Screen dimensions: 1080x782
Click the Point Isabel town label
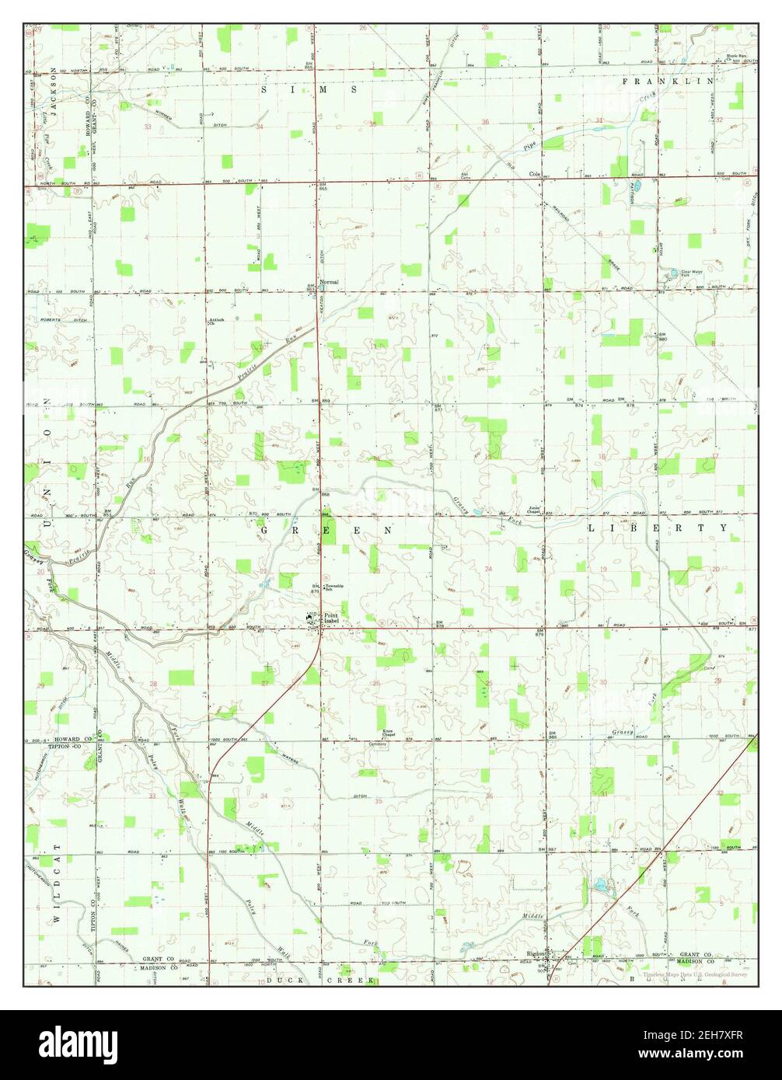coord(336,618)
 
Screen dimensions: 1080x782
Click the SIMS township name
coord(309,90)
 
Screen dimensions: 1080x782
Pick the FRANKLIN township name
coord(667,81)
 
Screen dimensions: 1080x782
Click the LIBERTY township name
coord(658,528)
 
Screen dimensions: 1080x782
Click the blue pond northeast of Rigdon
coord(601,885)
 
